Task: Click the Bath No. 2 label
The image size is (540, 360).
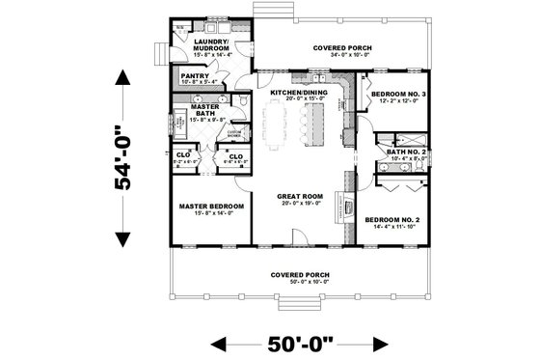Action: tap(399, 152)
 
